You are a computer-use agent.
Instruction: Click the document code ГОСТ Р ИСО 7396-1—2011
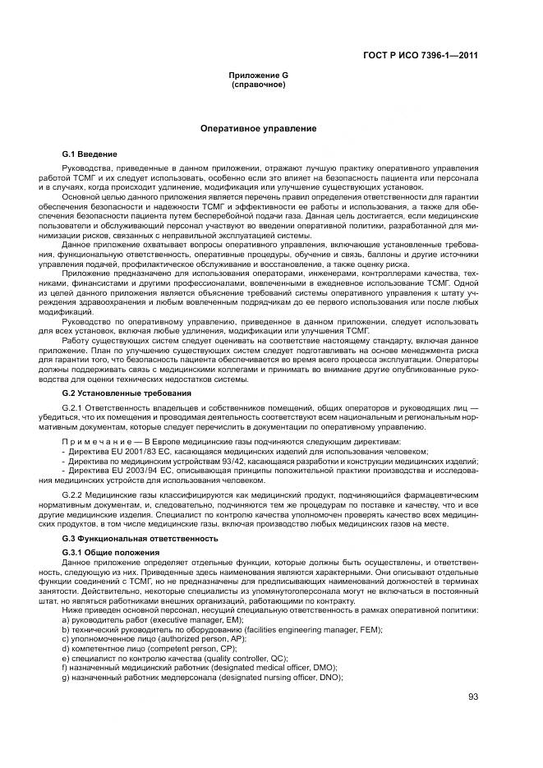[x=421, y=56]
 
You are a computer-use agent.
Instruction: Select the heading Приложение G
[x=258, y=76]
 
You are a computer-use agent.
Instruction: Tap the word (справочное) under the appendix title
[x=258, y=84]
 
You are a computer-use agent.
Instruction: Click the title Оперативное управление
[x=258, y=129]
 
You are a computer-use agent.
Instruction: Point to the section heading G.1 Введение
[x=90, y=154]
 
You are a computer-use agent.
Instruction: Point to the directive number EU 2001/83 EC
[x=130, y=452]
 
